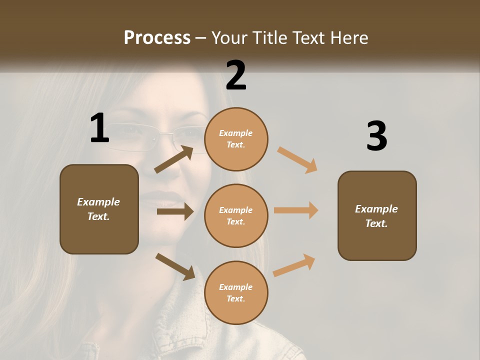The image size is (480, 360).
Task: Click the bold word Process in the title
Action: tap(157, 37)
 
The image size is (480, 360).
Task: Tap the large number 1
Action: tap(99, 128)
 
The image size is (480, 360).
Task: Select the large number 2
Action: tap(236, 75)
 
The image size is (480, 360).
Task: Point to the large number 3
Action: tap(376, 136)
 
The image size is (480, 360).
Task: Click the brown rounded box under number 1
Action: tap(99, 209)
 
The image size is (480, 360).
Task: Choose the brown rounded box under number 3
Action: tap(377, 215)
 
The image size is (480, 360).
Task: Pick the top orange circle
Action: tap(236, 139)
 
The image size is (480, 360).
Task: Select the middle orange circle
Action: tap(236, 215)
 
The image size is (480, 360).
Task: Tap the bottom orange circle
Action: tap(236, 292)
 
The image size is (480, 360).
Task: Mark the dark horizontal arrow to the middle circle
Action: tap(175, 211)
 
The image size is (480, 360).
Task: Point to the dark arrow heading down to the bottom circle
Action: tap(175, 266)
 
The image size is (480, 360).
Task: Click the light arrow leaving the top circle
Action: tap(297, 159)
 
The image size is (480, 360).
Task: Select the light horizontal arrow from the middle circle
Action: tap(296, 210)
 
